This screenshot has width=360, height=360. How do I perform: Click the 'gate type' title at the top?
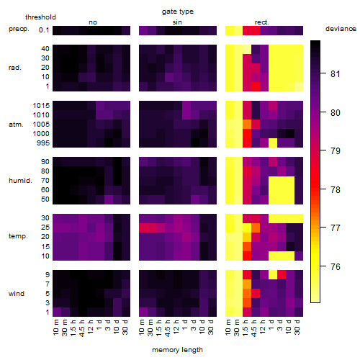tap(178, 12)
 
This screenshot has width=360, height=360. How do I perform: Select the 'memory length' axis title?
tap(177, 350)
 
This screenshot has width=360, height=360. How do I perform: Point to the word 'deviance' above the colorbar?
tap(341, 29)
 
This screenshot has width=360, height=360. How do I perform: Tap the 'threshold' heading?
tap(40, 17)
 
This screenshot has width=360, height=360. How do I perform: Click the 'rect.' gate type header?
tap(262, 22)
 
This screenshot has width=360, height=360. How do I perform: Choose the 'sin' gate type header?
tap(177, 22)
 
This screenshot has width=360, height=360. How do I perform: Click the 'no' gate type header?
tap(93, 22)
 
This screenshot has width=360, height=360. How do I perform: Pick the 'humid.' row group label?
tap(20, 181)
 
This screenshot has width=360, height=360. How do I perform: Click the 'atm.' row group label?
tap(16, 125)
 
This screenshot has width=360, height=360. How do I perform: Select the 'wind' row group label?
tap(17, 294)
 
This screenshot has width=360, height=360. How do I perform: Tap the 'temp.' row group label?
tap(18, 236)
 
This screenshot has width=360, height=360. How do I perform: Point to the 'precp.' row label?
tap(19, 30)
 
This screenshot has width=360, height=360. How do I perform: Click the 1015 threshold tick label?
tap(41, 106)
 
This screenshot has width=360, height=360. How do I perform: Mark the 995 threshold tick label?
tap(43, 143)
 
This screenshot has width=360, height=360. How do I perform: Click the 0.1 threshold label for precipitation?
tap(44, 30)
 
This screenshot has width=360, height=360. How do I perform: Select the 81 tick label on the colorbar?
tap(336, 74)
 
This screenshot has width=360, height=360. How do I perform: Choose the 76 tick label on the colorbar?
tap(336, 267)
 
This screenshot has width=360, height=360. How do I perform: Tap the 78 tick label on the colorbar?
tap(336, 190)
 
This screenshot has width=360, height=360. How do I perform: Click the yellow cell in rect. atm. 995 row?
tap(273, 143)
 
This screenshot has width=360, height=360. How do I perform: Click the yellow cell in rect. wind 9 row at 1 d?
tap(273, 275)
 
